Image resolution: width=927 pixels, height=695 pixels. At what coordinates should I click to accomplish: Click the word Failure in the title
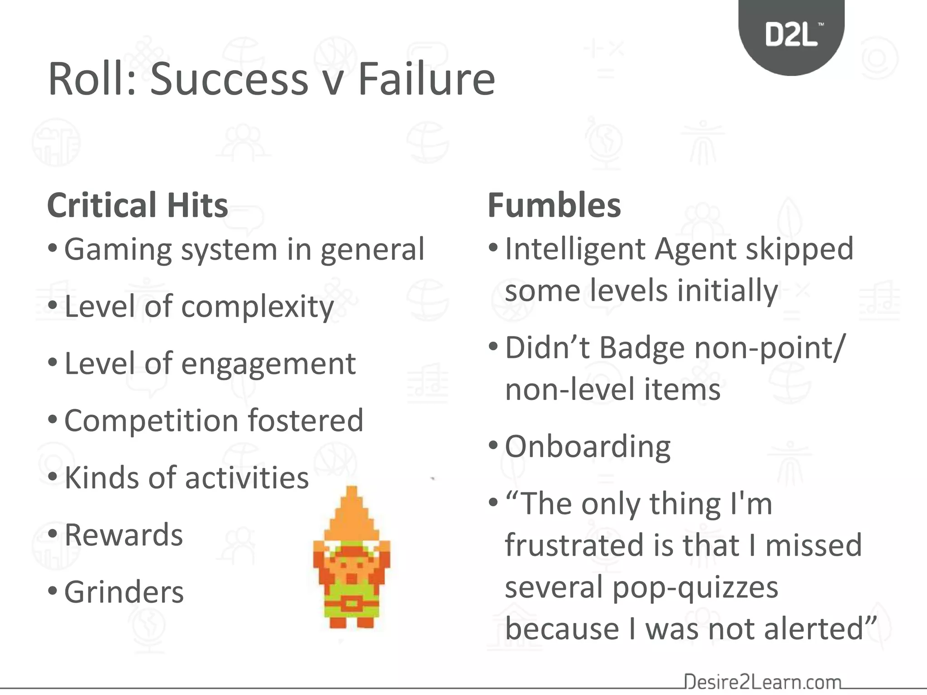[427, 80]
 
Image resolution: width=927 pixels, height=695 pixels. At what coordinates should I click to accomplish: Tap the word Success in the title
[229, 80]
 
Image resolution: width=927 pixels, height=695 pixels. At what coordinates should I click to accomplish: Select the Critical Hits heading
[137, 205]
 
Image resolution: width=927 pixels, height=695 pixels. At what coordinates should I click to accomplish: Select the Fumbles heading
[554, 205]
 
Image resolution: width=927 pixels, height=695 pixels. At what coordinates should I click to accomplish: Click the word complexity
[258, 307]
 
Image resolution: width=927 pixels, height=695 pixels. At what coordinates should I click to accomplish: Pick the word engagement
[268, 364]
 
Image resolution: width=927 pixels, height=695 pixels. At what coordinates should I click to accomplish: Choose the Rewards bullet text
[124, 535]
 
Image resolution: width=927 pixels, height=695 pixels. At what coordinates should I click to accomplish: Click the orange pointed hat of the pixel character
[352, 516]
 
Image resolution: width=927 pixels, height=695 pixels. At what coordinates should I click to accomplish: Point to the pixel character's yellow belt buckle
[351, 604]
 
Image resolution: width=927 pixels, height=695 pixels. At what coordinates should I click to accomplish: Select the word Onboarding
[588, 447]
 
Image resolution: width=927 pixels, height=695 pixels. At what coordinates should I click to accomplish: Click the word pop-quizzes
[695, 587]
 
